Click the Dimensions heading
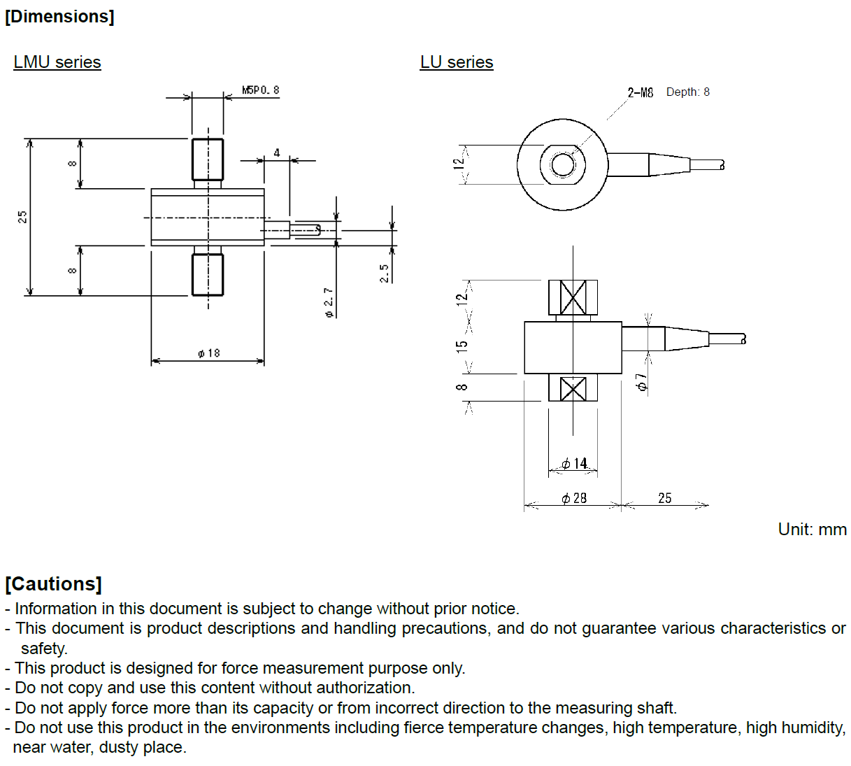59,17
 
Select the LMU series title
57,62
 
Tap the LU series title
457,62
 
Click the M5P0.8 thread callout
261,90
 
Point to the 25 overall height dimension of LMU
22,217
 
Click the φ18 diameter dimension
208,353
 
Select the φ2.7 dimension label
329,302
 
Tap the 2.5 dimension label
385,273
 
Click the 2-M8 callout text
640,92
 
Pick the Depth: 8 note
688,92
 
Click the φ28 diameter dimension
574,498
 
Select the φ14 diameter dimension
574,464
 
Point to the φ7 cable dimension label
641,382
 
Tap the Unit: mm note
812,530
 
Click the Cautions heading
54,584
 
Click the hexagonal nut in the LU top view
562,165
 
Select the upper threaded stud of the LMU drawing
208,159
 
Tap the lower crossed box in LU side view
573,388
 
